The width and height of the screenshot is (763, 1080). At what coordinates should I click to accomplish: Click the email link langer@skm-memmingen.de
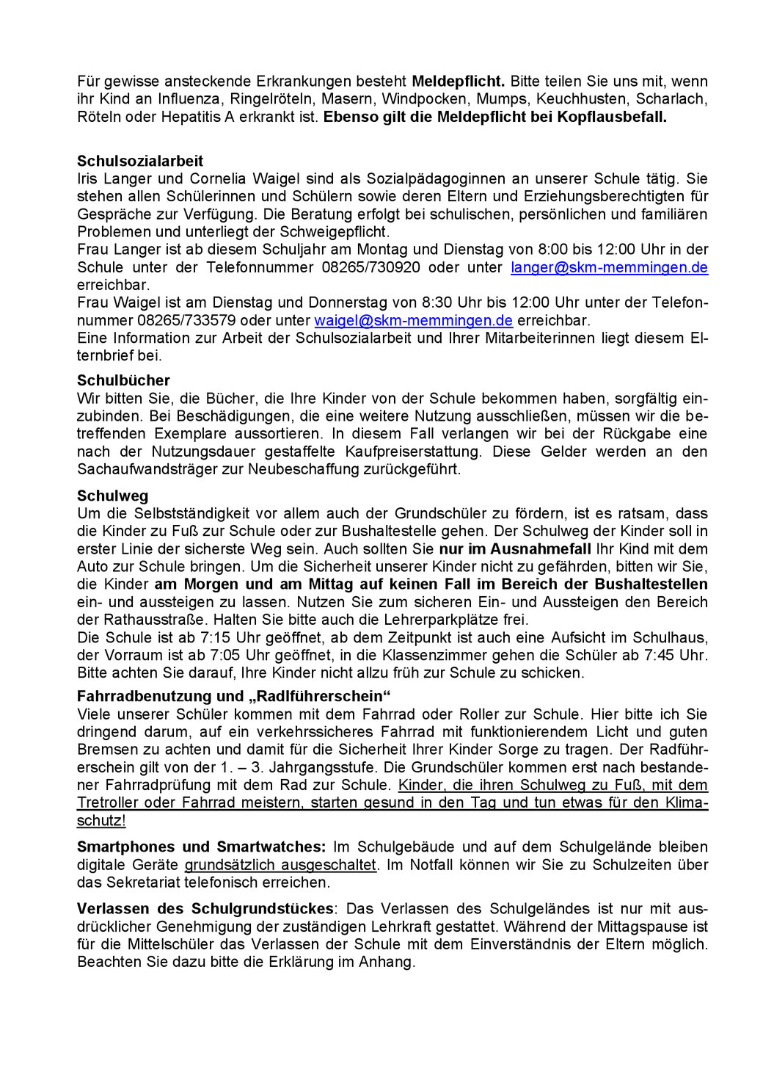pos(609,267)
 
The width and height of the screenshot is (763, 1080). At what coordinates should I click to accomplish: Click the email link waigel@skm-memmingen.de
pos(413,320)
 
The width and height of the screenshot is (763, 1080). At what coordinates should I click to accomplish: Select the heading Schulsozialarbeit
pos(140,161)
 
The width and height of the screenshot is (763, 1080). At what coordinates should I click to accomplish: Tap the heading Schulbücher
pos(123,380)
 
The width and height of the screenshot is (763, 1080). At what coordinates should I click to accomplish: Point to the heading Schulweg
pos(112,496)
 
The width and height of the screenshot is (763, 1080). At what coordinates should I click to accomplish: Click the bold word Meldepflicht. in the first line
pos(458,81)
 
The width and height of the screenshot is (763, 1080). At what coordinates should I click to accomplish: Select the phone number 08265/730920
pos(370,267)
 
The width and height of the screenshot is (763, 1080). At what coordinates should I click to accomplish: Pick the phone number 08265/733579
pos(186,320)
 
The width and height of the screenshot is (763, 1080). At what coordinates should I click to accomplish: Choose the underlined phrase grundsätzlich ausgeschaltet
pos(280,865)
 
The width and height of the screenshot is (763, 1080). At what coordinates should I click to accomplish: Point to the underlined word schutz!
pos(101,820)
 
